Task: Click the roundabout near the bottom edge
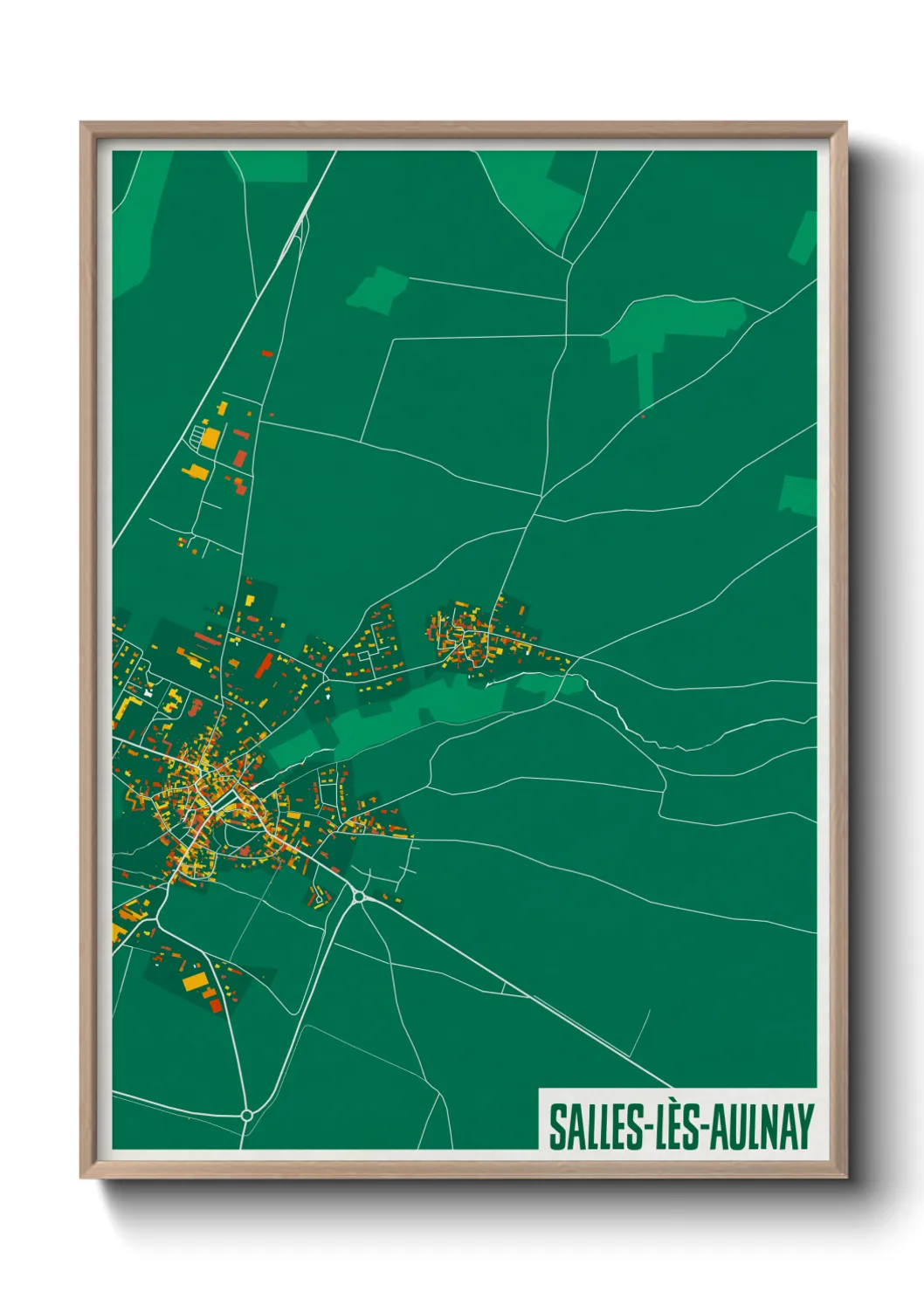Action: (x=246, y=1115)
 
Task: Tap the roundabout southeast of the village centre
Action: (x=359, y=896)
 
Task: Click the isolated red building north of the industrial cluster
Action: (x=267, y=354)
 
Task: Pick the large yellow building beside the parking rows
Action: (x=210, y=437)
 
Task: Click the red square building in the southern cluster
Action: (x=216, y=1007)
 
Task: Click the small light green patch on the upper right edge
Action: (x=803, y=237)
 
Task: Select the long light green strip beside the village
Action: (x=410, y=711)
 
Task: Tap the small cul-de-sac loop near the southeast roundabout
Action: (x=319, y=897)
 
